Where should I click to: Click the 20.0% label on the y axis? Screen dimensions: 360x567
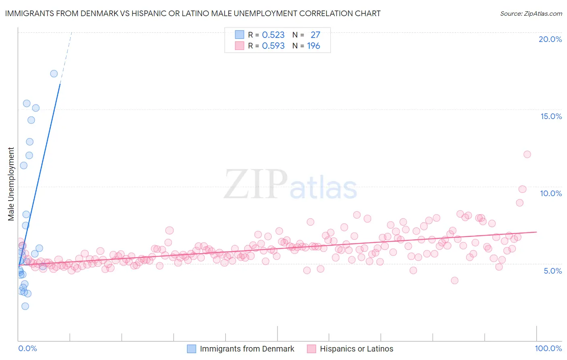pos(550,39)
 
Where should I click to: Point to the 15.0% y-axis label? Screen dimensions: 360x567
pos(551,116)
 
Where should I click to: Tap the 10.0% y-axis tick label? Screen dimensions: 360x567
pos(551,193)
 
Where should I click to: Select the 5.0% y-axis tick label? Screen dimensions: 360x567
pos(552,271)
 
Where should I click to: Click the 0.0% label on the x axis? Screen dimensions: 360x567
pos(27,348)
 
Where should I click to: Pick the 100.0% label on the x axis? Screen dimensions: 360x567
pos(548,348)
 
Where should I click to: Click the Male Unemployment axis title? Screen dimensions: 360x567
pos(11,184)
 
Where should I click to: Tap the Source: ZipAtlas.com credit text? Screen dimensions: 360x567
pos(531,13)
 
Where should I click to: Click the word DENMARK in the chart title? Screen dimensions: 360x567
pos(100,13)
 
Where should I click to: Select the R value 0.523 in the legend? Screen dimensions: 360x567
pos(273,35)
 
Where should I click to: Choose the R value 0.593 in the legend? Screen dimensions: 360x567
pos(273,46)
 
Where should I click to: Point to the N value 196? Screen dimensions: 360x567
pos(313,46)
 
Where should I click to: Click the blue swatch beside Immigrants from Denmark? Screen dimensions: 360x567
pos(192,349)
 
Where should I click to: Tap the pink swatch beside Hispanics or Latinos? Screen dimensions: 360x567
pos(311,349)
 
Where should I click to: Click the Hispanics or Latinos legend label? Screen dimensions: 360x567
pos(356,349)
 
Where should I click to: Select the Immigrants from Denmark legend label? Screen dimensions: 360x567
pos(247,349)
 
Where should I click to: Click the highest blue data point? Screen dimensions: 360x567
pos(54,73)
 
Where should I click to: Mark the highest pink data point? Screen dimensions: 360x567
pos(527,154)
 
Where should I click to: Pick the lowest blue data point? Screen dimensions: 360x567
pos(25,306)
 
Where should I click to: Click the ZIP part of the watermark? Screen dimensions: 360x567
pos(256,184)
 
